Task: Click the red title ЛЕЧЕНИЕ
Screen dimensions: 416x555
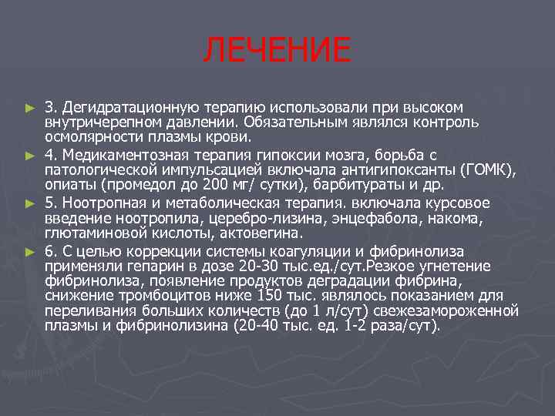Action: coord(277,51)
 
